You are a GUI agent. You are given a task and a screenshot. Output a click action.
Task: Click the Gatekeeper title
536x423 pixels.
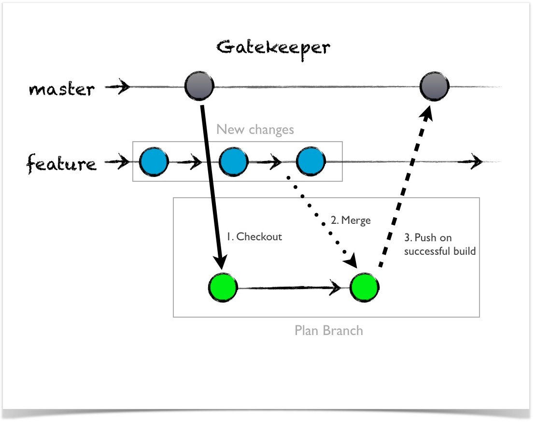[273, 49]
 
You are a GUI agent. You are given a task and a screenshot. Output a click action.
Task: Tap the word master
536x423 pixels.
[61, 89]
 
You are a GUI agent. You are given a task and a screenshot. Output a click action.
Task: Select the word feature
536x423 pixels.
[61, 163]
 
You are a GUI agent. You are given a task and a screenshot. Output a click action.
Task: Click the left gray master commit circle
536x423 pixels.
[199, 86]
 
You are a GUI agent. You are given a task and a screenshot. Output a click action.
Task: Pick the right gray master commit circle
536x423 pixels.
[435, 86]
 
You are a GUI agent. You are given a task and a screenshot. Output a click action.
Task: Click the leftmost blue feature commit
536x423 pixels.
[154, 162]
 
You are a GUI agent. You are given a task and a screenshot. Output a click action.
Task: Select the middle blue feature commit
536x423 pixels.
[234, 162]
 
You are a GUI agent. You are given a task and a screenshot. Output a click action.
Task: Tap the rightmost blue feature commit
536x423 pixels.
[310, 161]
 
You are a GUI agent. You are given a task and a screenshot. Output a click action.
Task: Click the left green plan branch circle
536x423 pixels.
[223, 288]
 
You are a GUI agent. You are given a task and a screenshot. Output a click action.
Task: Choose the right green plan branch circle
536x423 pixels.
[365, 288]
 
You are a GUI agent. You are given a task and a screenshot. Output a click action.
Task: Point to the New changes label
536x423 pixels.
[255, 130]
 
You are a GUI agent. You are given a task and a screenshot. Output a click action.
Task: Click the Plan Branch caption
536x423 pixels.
[329, 331]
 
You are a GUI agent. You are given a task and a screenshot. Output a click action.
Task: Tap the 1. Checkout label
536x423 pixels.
[254, 236]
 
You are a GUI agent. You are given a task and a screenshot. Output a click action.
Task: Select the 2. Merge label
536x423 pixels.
[351, 220]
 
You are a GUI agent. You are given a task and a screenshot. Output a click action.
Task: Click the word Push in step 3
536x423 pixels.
[425, 237]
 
